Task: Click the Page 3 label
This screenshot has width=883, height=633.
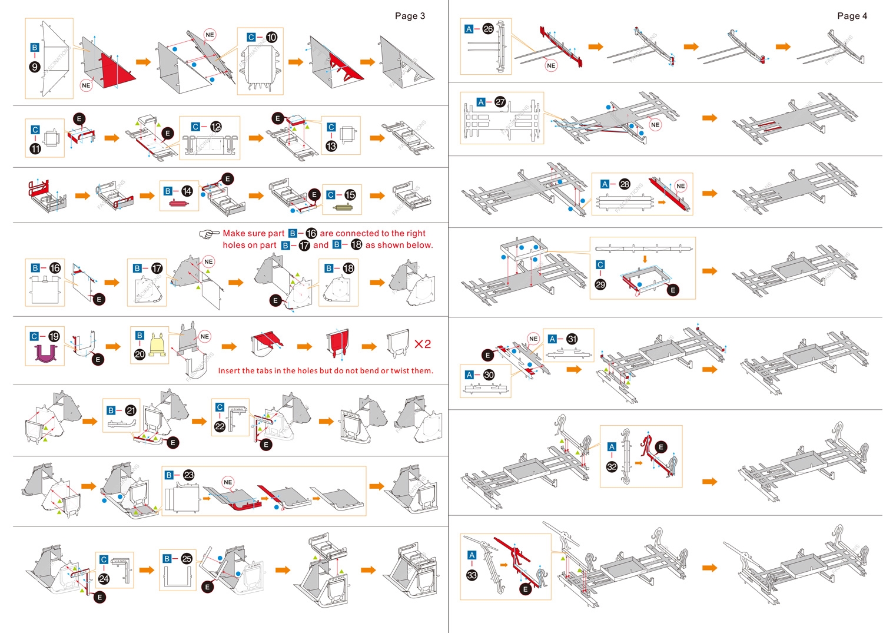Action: (x=410, y=16)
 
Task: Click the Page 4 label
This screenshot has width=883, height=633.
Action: (x=852, y=16)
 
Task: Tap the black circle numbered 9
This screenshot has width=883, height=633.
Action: (x=35, y=67)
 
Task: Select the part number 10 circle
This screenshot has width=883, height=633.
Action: (x=271, y=37)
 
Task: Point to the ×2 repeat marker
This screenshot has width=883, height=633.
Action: (x=423, y=344)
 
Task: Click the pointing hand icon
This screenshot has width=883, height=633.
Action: (x=208, y=234)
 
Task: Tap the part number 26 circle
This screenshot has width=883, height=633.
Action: (x=488, y=29)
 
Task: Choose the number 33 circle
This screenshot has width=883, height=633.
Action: (x=472, y=575)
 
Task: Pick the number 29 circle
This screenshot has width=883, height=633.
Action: (x=600, y=284)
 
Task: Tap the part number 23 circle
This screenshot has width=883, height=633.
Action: (x=188, y=475)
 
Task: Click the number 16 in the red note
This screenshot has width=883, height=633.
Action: (x=311, y=234)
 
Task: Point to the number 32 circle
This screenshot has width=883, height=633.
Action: (x=612, y=467)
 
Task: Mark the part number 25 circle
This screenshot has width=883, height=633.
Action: (x=187, y=559)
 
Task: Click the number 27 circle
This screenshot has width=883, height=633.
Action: (x=500, y=102)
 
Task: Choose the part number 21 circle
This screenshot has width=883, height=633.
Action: (x=131, y=410)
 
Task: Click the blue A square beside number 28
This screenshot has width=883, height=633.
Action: (x=605, y=184)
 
